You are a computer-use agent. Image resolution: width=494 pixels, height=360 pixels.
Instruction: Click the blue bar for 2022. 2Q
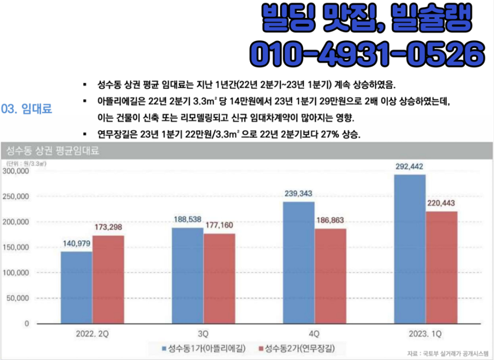point(76,287)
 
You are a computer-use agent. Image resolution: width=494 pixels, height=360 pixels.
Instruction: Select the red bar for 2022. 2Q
point(108,279)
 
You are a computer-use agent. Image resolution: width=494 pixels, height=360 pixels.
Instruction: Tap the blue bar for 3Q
point(187,276)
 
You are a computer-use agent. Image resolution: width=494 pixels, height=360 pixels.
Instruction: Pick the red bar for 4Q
point(331,276)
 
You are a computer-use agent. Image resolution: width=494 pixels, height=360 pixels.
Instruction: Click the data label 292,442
point(409,167)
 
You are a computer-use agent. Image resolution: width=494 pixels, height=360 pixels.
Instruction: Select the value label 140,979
point(77,243)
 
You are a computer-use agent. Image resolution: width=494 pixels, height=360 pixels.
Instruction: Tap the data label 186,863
point(330,220)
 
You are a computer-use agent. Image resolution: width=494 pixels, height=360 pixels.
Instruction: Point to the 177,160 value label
point(219,226)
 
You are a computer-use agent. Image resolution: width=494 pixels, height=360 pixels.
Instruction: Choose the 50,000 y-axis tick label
point(19,298)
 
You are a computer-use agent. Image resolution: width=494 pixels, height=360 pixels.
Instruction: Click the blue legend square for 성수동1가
point(164,349)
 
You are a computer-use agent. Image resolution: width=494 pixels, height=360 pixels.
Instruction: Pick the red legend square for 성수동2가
point(260,349)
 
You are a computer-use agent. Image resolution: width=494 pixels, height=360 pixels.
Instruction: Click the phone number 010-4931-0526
point(367,53)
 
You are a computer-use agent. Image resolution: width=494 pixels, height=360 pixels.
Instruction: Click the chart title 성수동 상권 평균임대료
point(52,151)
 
